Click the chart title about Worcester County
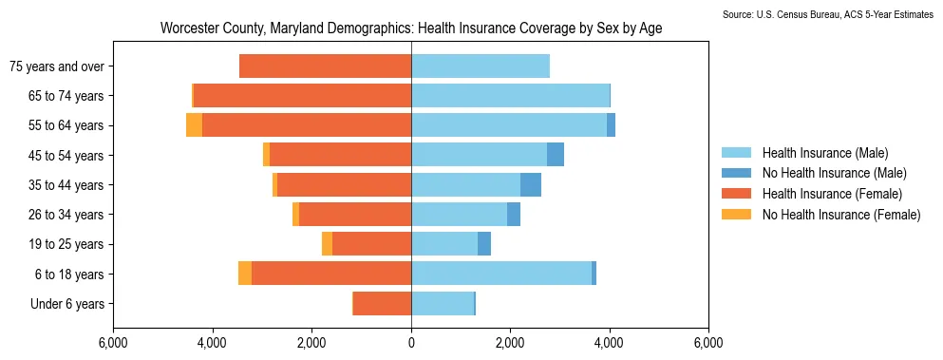[411, 28]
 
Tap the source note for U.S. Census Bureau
[832, 14]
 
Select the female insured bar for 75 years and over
[326, 66]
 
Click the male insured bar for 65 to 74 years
[511, 95]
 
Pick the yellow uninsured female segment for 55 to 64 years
[195, 125]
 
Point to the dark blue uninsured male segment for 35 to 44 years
[531, 185]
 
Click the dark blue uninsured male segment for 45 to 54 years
[556, 155]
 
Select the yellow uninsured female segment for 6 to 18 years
[245, 274]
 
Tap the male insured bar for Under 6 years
[443, 303]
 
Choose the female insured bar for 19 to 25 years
[371, 244]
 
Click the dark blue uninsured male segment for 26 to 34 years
[514, 215]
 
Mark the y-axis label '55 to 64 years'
[66, 125]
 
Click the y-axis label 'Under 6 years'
[67, 303]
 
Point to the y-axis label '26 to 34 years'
[66, 215]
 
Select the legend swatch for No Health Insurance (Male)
[736, 173]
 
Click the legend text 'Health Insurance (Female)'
[832, 193]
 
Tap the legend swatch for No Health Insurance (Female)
[736, 214]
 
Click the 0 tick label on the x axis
[411, 345]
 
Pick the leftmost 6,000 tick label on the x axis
[113, 345]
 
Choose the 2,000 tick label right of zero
[510, 345]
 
